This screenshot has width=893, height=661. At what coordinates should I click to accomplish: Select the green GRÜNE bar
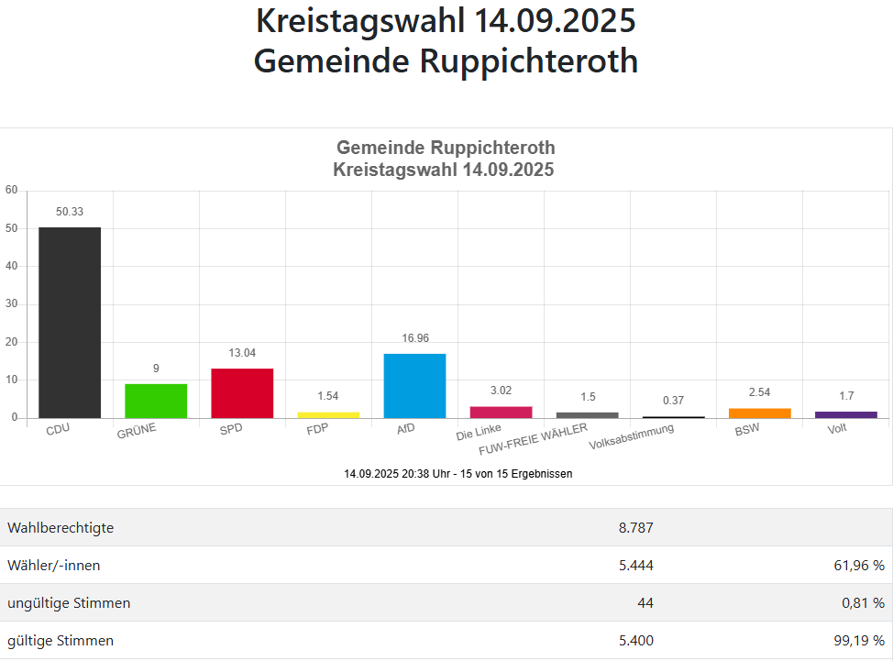click(156, 401)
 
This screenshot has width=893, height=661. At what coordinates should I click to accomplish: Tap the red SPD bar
click(242, 393)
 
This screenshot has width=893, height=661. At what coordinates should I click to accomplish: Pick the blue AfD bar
click(414, 386)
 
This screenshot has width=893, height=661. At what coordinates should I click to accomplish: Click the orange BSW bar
click(759, 413)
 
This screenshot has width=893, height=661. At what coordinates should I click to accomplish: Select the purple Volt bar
click(845, 414)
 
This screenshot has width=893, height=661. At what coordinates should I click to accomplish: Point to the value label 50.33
click(70, 212)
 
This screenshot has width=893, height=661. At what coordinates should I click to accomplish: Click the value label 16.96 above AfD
click(414, 338)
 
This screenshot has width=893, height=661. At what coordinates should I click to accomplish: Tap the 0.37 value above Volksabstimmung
click(673, 401)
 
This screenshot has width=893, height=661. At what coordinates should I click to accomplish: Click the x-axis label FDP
click(317, 429)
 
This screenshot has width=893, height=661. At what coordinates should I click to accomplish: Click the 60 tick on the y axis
click(11, 191)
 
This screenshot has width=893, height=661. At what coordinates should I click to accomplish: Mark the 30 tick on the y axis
click(11, 304)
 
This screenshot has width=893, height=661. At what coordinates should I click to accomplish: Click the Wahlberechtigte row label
click(61, 528)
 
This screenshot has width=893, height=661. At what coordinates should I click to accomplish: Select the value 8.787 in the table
click(636, 528)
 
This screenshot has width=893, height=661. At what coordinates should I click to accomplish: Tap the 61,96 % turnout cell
click(854, 566)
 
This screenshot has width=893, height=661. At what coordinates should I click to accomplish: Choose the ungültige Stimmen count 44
click(645, 603)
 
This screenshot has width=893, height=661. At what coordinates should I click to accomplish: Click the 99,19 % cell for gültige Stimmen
click(854, 641)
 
